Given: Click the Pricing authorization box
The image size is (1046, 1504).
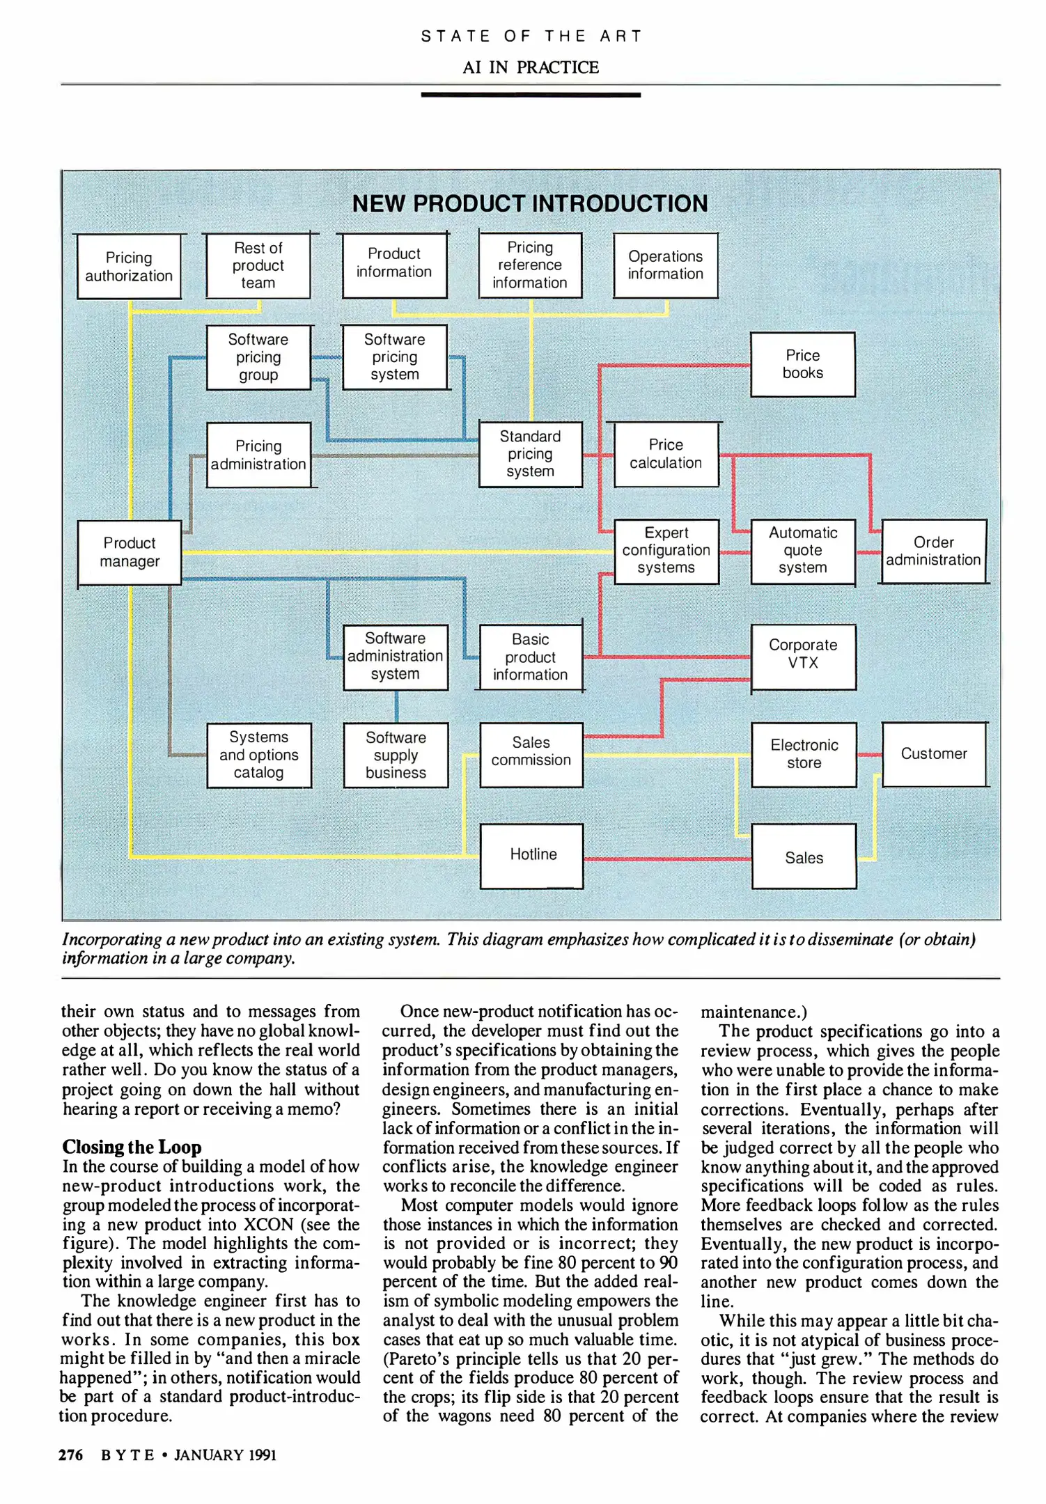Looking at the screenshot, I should click(x=129, y=267).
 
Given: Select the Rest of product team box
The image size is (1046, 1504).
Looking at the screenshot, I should click(x=258, y=265).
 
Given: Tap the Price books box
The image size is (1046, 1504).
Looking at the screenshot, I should click(x=802, y=364).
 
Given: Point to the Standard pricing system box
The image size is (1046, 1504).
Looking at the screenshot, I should click(x=530, y=454).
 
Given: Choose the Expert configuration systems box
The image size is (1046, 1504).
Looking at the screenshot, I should click(x=666, y=551).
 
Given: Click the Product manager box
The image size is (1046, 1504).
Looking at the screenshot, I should click(x=130, y=552).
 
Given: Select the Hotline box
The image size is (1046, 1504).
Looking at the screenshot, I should click(x=532, y=856).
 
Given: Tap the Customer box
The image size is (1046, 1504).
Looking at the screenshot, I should click(x=934, y=754).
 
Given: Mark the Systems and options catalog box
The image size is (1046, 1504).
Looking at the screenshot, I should click(x=258, y=755).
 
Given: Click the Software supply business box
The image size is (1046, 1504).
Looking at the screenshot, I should click(x=396, y=755).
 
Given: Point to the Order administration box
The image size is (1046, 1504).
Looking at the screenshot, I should click(x=933, y=551).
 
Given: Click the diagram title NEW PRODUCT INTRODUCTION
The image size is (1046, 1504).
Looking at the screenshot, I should click(x=530, y=203).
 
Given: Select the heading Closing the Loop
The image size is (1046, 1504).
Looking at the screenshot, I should click(x=132, y=1147).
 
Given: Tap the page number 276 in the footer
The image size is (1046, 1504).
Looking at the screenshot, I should click(x=71, y=1455).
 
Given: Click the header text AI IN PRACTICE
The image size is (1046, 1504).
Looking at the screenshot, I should click(x=531, y=68).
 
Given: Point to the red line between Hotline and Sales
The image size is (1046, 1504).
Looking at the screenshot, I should click(x=666, y=859).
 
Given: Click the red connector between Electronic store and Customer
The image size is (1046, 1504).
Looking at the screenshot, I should click(x=869, y=755).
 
